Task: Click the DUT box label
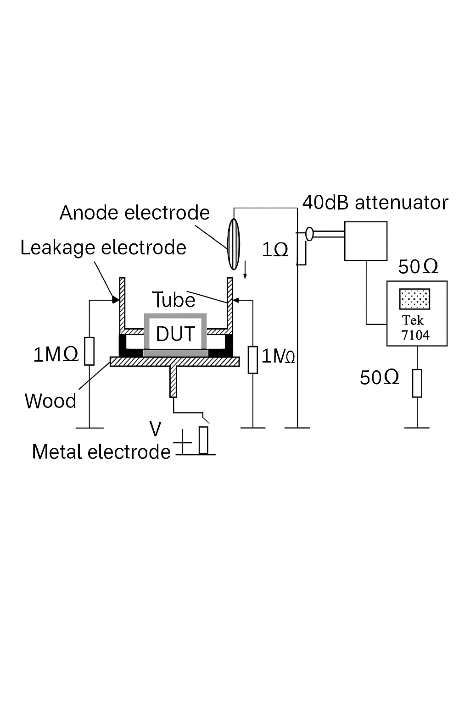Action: [175, 334]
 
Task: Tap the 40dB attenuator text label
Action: [375, 203]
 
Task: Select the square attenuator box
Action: [366, 241]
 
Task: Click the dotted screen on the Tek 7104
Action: [414, 299]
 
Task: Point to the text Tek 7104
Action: [415, 328]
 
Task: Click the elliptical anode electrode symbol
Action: [234, 244]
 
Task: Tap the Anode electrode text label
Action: [134, 213]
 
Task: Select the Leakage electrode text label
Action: [103, 247]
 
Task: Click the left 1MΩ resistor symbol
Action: [90, 351]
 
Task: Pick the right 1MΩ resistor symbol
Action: [252, 360]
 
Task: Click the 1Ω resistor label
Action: [275, 250]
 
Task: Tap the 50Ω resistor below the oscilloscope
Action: [417, 383]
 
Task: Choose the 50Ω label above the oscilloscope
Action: [418, 267]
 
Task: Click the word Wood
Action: [50, 401]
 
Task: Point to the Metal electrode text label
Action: [101, 452]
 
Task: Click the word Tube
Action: [173, 300]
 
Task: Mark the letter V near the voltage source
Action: [156, 429]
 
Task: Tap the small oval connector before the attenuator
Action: [309, 234]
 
